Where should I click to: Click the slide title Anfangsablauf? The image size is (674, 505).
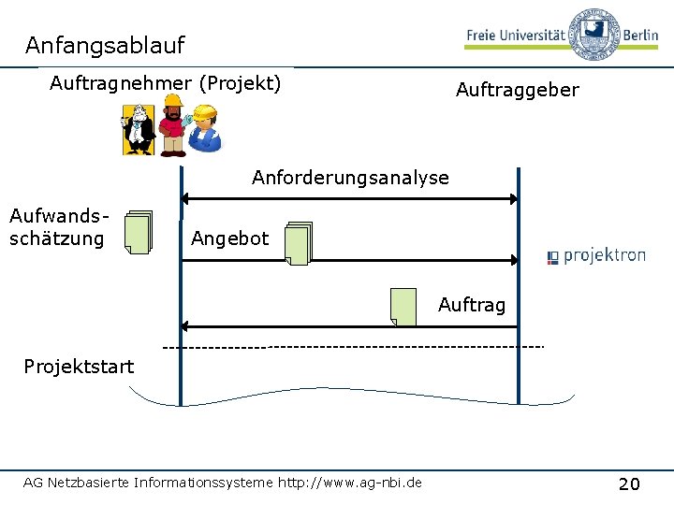[105, 46]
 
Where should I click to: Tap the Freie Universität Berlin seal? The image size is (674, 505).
[594, 34]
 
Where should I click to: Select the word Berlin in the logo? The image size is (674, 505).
[640, 35]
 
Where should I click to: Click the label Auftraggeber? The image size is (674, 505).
[518, 91]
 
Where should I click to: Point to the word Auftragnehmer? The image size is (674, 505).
[121, 83]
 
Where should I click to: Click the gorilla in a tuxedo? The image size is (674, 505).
[139, 129]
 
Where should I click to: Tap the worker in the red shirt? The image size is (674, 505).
[173, 126]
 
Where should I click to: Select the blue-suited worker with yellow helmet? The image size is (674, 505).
[205, 128]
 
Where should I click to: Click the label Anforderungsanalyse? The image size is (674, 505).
[350, 178]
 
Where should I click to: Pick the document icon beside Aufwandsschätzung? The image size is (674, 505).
[139, 232]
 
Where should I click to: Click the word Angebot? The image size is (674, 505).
[230, 238]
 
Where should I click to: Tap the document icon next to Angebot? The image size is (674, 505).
[299, 243]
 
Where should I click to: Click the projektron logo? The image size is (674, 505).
[596, 256]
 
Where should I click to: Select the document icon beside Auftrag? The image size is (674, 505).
[403, 308]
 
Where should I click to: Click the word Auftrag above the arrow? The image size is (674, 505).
[472, 305]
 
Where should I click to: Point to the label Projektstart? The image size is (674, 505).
[79, 367]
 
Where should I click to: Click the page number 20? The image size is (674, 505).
[629, 484]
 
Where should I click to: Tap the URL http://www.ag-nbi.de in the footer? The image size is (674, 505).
[350, 483]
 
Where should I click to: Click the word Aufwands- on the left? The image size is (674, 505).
[59, 216]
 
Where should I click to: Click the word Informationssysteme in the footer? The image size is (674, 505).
[203, 483]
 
